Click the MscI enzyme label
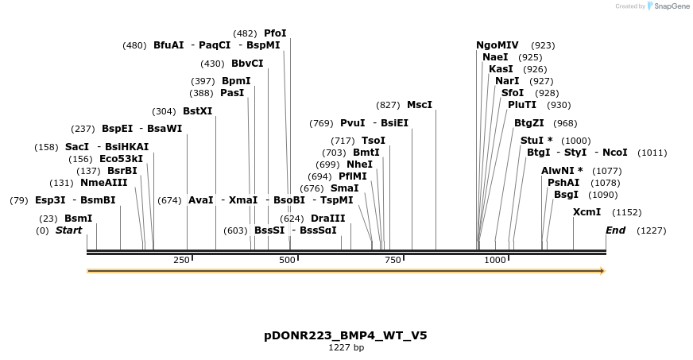pyautogui.click(x=420, y=105)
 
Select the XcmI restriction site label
pyautogui.click(x=587, y=212)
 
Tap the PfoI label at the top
pyautogui.click(x=275, y=33)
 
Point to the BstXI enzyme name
pyautogui.click(x=198, y=111)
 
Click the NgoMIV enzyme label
pyautogui.click(x=497, y=45)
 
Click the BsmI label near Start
pyautogui.click(x=79, y=218)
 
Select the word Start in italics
pyautogui.click(x=68, y=230)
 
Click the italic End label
pyautogui.click(x=615, y=230)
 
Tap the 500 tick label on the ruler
pyautogui.click(x=288, y=260)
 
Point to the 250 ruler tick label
pyautogui.click(x=181, y=260)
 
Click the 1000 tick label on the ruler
pyautogui.click(x=495, y=260)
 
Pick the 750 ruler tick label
pyautogui.click(x=393, y=260)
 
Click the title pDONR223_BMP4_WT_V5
pyautogui.click(x=346, y=335)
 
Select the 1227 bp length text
pyautogui.click(x=346, y=347)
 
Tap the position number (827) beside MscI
pyautogui.click(x=388, y=105)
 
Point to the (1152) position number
pyautogui.click(x=626, y=212)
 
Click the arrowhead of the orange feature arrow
pyautogui.click(x=602, y=271)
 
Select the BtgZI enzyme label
pyautogui.click(x=529, y=123)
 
